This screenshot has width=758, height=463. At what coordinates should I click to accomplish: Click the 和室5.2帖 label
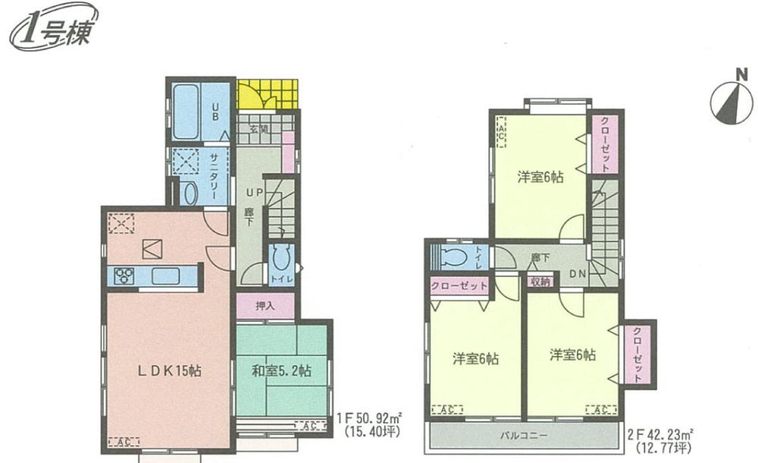(x=281, y=372)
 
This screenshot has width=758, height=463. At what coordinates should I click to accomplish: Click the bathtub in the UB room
(x=188, y=112)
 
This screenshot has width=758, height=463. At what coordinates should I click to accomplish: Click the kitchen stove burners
(x=124, y=276)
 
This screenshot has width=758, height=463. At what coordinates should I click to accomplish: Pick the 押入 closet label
(x=264, y=306)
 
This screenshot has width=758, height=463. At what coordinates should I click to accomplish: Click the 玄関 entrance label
(x=258, y=129)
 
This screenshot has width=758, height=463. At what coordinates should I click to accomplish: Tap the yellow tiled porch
(x=267, y=95)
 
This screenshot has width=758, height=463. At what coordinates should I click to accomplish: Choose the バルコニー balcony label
(x=523, y=435)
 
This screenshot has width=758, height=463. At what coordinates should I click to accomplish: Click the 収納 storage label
(x=540, y=282)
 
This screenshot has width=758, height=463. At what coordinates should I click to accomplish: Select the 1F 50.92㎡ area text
(x=369, y=417)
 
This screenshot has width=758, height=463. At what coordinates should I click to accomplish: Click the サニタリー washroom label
(x=215, y=175)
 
